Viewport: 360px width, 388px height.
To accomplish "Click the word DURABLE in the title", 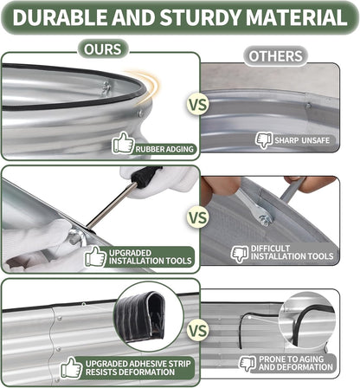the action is tap(60, 17).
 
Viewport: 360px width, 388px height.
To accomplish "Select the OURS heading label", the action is tap(103, 49).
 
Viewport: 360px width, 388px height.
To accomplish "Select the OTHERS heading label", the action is tap(275, 56).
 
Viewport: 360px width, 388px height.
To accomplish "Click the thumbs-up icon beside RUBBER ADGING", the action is tap(124, 143).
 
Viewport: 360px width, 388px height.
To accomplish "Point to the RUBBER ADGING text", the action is tap(164, 149).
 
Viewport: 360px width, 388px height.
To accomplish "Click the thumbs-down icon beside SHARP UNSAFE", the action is tap(264, 140).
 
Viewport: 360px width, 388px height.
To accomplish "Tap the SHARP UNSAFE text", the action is tap(302, 140).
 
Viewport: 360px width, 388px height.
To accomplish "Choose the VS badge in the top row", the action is tap(197, 105).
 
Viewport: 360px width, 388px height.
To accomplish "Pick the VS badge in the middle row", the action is tap(197, 217).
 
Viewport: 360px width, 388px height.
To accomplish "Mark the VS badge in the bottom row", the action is tap(197, 331).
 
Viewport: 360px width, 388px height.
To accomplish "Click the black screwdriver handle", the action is tap(145, 176).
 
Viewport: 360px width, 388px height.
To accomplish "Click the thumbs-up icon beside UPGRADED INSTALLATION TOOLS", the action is tap(95, 256).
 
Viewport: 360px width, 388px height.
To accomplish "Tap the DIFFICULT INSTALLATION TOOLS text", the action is tap(292, 252).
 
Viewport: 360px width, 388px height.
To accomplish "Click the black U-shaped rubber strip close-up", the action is tap(140, 315).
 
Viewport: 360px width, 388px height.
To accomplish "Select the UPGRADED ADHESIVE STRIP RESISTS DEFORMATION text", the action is tap(138, 368).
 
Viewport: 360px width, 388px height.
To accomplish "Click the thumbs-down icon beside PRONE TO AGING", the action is tap(247, 363).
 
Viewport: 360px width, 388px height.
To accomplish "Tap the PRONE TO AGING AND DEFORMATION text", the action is tap(296, 363).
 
